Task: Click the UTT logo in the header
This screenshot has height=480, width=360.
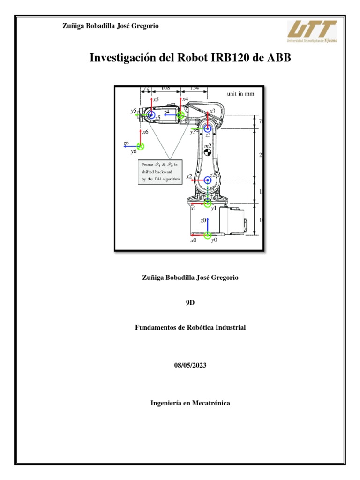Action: [x=312, y=31]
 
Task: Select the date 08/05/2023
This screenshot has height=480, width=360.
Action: [x=190, y=365]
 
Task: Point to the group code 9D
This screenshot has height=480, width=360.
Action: [x=190, y=303]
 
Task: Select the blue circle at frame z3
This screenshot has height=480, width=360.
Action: [x=208, y=128]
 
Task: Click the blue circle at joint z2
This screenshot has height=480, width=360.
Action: [x=208, y=180]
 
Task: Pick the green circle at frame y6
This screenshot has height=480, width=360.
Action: [x=140, y=146]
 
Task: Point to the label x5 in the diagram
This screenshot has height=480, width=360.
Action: [x=156, y=99]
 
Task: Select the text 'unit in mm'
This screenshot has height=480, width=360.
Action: [x=240, y=93]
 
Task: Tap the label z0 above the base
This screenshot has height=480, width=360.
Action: [x=203, y=220]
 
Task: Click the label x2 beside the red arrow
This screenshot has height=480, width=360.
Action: [x=189, y=177]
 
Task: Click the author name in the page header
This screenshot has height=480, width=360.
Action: [x=111, y=26]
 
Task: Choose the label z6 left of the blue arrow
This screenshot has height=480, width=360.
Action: [x=126, y=142]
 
